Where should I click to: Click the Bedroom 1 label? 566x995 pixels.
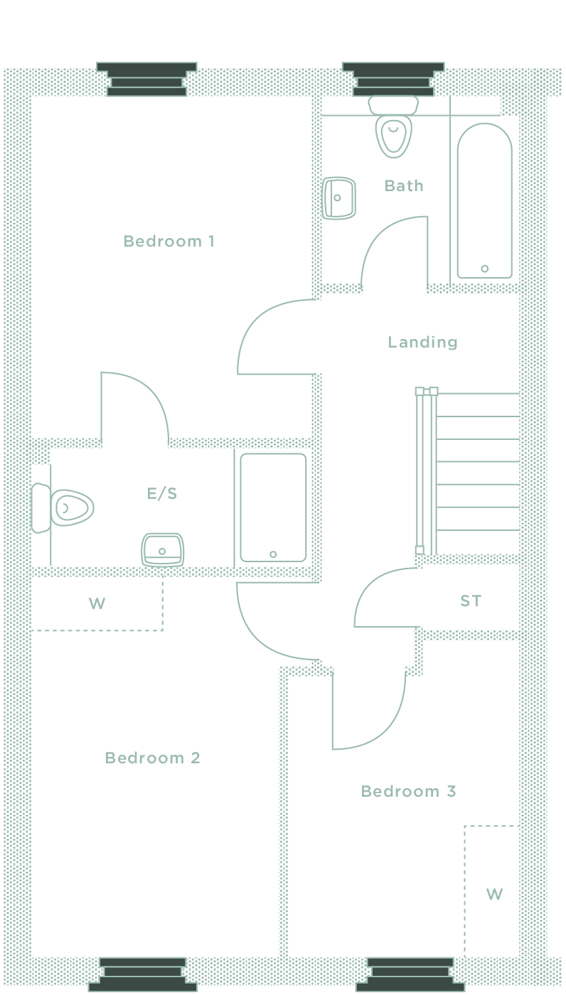point(169,242)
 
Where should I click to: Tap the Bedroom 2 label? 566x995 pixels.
point(152,758)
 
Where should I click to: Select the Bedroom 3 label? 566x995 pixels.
point(408,792)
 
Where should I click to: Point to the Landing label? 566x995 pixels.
point(422,343)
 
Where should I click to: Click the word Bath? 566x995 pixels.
point(404,186)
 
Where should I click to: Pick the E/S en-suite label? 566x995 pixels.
point(162,493)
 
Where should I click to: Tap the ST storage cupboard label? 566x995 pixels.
point(471,601)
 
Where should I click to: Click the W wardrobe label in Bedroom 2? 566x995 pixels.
point(97,604)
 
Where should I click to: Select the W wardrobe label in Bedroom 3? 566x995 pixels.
point(494,894)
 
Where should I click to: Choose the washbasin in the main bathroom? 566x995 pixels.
point(339,198)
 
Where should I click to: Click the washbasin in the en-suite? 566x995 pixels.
point(163,549)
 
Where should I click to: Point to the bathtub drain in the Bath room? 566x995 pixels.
point(485,269)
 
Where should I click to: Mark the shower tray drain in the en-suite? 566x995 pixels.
point(273,554)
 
